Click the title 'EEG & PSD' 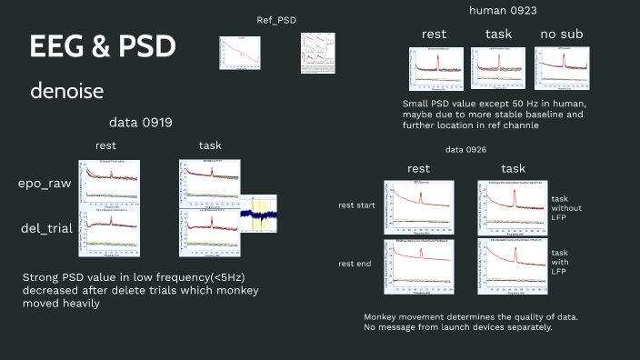pyautogui.click(x=103, y=47)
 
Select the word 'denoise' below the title pyautogui.click(x=66, y=91)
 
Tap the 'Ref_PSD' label pyautogui.click(x=276, y=20)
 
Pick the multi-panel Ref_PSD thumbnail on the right pyautogui.click(x=315, y=52)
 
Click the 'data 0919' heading pyautogui.click(x=141, y=122)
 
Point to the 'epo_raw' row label pyautogui.click(x=45, y=183)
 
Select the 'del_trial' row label pyautogui.click(x=45, y=230)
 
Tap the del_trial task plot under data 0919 pyautogui.click(x=209, y=233)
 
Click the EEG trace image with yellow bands pyautogui.click(x=257, y=215)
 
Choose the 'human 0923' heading pyautogui.click(x=502, y=10)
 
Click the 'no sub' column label pyautogui.click(x=561, y=34)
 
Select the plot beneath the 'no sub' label pyautogui.click(x=561, y=67)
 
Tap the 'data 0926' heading pyautogui.click(x=466, y=149)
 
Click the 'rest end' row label pyautogui.click(x=355, y=265)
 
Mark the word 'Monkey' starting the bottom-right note pyautogui.click(x=385, y=316)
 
